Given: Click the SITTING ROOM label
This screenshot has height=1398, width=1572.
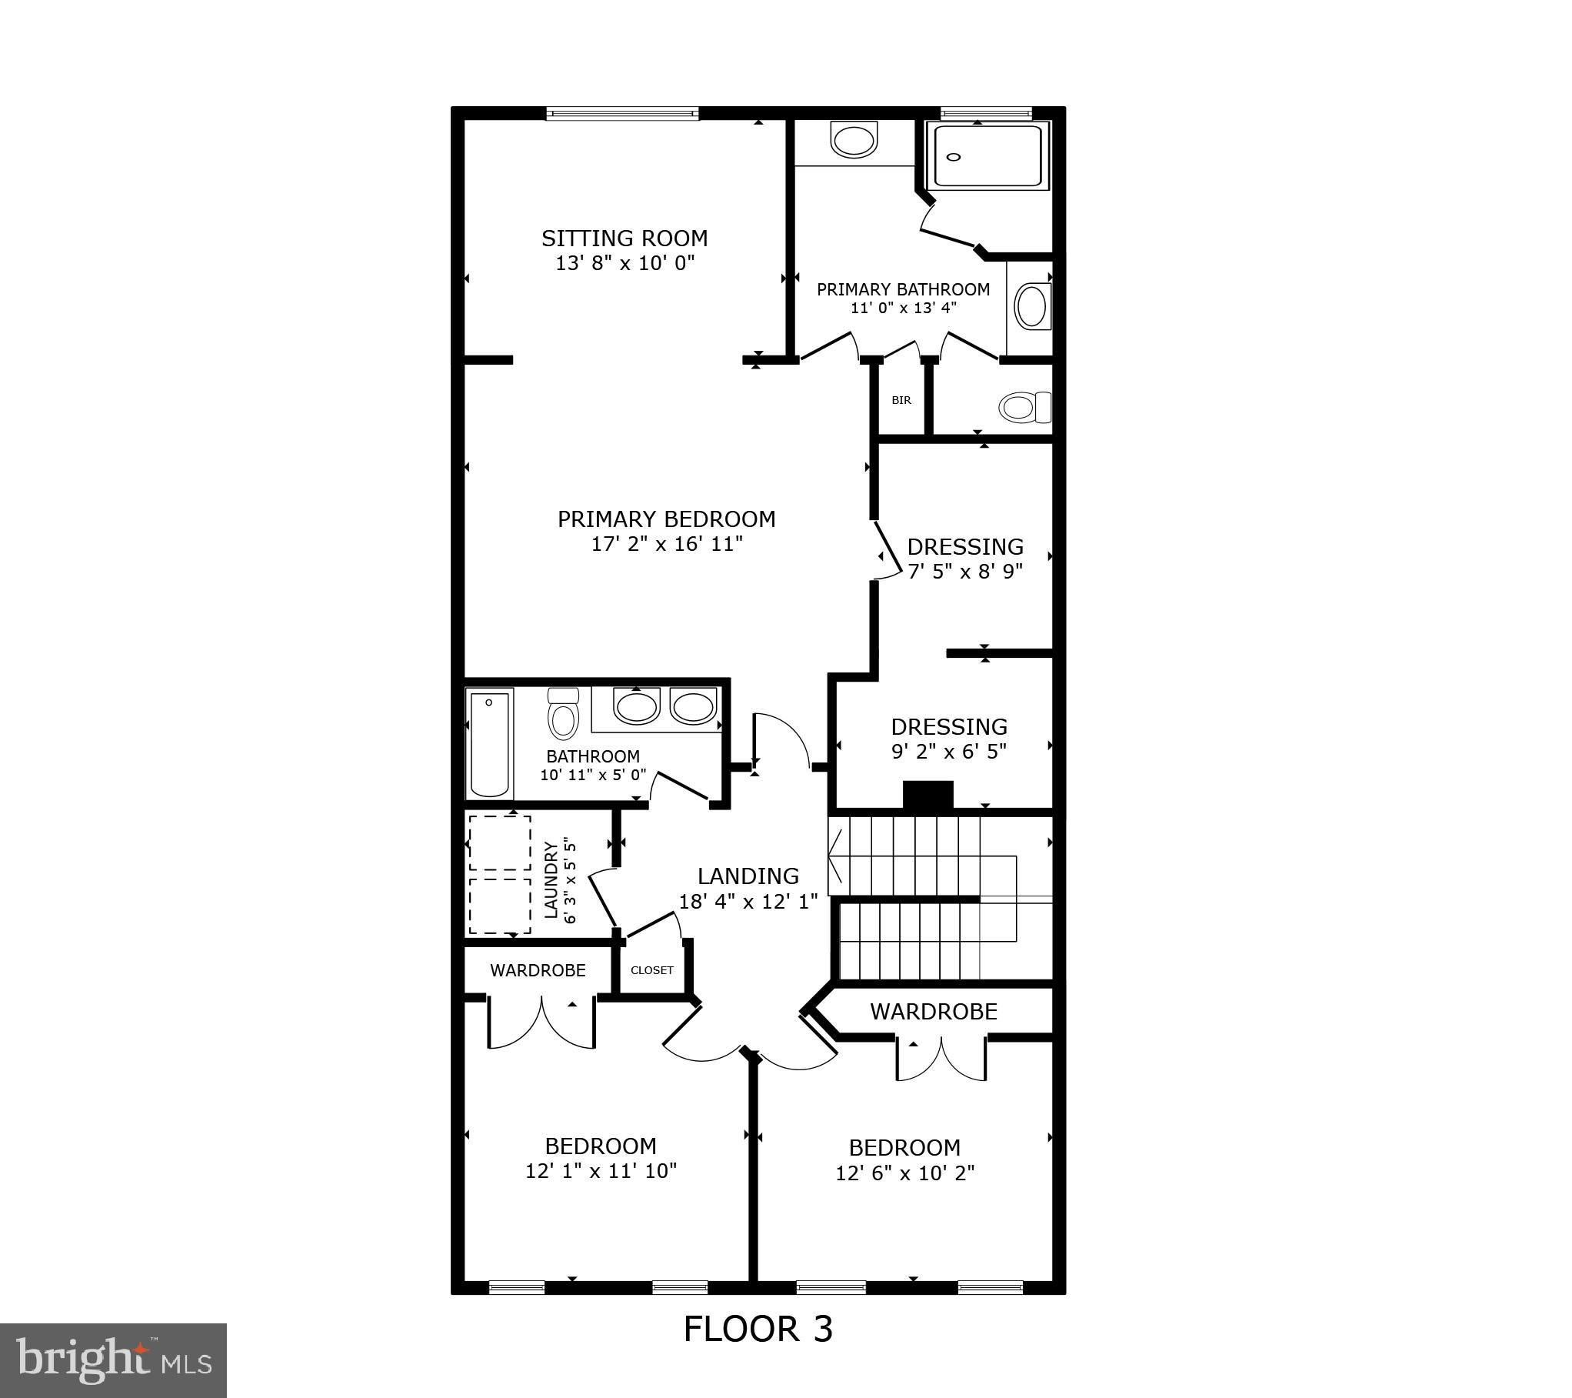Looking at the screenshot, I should tap(624, 239).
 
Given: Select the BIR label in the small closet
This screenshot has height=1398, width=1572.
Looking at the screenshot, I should tap(901, 400).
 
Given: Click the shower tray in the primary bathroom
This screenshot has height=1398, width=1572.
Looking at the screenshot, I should tap(987, 156).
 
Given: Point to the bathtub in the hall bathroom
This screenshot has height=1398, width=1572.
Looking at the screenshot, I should tap(490, 744).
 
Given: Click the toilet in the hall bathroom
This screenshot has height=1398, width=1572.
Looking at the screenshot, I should tap(563, 716).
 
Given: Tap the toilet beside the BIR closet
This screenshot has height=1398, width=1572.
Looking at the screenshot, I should tap(1023, 407).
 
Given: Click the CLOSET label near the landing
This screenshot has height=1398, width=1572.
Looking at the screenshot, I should tap(652, 970).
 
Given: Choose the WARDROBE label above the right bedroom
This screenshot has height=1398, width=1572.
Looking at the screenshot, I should tap(934, 1012).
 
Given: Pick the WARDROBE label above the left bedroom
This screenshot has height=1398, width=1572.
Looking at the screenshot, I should tap(538, 971).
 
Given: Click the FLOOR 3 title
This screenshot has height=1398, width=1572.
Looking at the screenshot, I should tap(758, 1330).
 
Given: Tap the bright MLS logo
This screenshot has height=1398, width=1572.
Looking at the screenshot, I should tap(114, 1359).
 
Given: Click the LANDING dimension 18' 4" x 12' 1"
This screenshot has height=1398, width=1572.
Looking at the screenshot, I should tap(748, 902).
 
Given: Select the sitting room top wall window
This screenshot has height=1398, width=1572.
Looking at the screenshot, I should tap(623, 114).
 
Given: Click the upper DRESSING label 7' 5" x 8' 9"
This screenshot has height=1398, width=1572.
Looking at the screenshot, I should tap(965, 547).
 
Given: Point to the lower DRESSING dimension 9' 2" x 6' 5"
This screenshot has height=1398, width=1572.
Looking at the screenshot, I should tap(949, 752).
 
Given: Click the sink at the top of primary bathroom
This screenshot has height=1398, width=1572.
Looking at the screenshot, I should tap(854, 141).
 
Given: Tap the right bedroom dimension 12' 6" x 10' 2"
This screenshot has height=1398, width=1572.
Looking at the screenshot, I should tap(905, 1173).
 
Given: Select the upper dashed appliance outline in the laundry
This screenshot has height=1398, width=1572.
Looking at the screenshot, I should tap(500, 843).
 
